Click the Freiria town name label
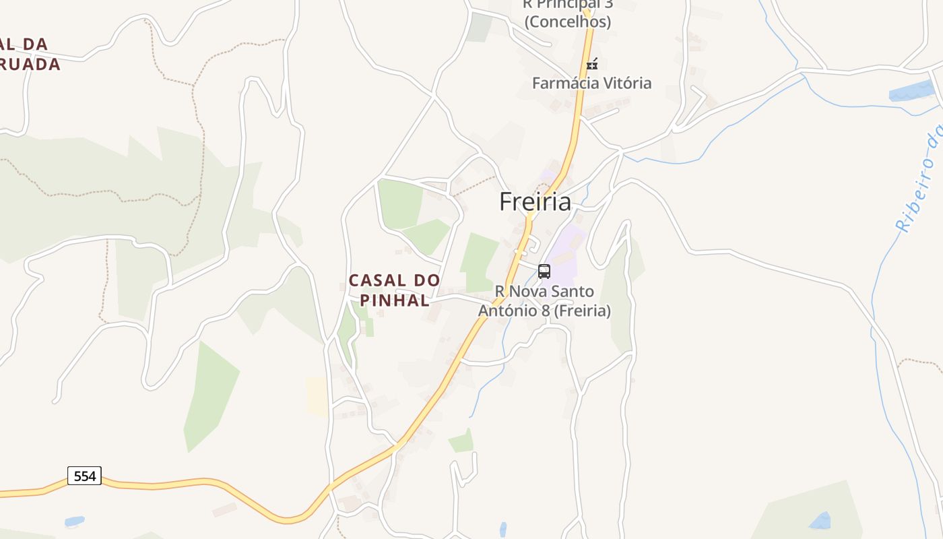click(x=535, y=201)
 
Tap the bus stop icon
click(x=544, y=272)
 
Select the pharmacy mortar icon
click(x=592, y=65)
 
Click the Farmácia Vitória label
click(x=591, y=83)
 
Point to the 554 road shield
click(x=84, y=476)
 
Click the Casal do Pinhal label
click(x=394, y=290)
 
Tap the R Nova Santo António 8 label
click(x=544, y=301)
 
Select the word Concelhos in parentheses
click(x=567, y=22)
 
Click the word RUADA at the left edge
click(x=30, y=65)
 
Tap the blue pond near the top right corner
click(x=913, y=90)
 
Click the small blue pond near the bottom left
click(x=74, y=521)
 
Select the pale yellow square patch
click(x=317, y=396)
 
